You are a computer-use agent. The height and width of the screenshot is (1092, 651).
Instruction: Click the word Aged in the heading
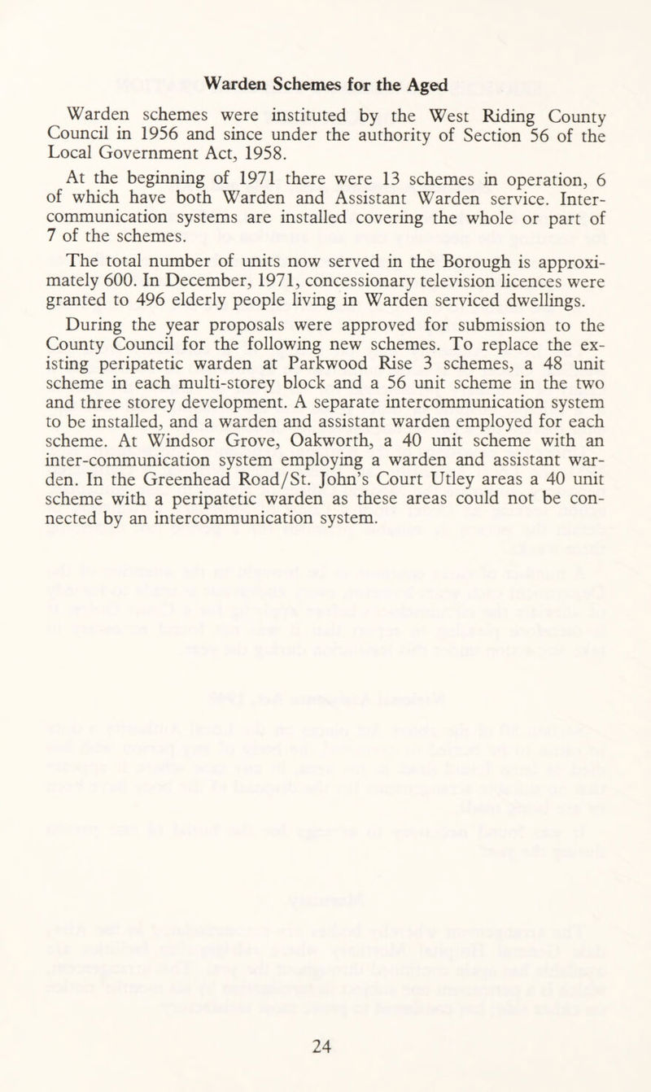click(427, 84)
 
